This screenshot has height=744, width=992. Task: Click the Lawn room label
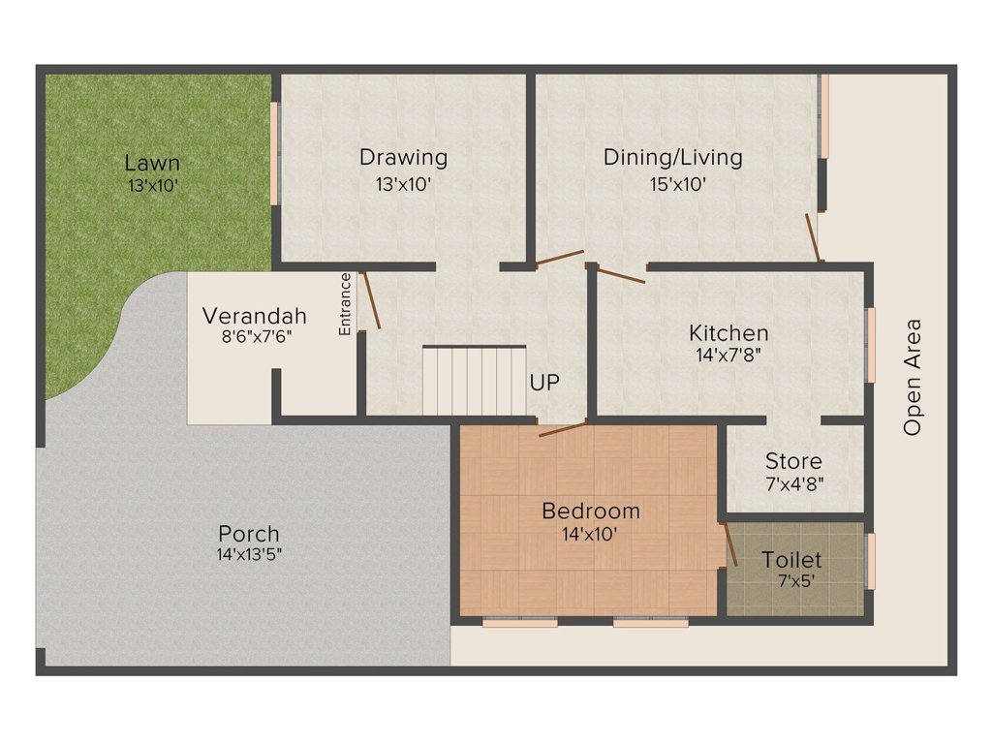(152, 163)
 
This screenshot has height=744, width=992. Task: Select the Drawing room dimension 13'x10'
(403, 183)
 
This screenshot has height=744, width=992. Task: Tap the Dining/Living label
(672, 157)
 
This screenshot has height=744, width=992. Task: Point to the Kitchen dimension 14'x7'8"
(728, 355)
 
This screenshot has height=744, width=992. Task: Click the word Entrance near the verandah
(345, 304)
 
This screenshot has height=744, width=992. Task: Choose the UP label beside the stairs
(544, 383)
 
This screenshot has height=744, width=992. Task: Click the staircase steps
(474, 382)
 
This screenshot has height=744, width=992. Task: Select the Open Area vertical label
(912, 377)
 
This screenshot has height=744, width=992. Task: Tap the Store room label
(793, 461)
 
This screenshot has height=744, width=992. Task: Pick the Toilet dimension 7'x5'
(791, 581)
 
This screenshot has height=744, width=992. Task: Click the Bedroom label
(591, 511)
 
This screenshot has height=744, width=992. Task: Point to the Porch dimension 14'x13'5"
(249, 555)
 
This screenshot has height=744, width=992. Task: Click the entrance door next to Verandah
(370, 301)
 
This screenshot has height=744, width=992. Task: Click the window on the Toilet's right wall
(871, 561)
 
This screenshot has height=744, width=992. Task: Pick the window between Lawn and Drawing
(274, 153)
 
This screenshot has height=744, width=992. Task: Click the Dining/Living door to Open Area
(815, 237)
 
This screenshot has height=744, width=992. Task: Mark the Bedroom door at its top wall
(562, 429)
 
